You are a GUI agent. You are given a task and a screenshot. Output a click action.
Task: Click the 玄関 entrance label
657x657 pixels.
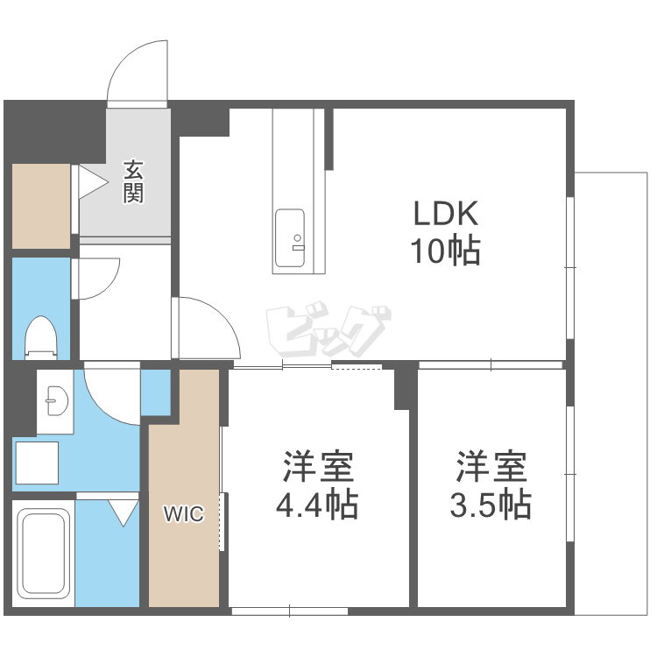(133, 181)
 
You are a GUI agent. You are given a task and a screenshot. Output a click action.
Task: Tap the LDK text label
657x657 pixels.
(446, 214)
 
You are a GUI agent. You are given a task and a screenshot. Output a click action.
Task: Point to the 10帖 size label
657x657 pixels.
(445, 251)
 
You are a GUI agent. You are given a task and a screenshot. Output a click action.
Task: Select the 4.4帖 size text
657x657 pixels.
(317, 505)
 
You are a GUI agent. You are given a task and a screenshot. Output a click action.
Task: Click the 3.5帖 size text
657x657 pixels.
(491, 505)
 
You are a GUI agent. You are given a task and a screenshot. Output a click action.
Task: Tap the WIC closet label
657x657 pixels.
(184, 513)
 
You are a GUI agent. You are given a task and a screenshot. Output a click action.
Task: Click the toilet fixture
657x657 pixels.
(40, 338)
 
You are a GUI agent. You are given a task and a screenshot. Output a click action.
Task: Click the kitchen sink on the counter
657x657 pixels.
(290, 238)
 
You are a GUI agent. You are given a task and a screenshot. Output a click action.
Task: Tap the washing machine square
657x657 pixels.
(37, 463)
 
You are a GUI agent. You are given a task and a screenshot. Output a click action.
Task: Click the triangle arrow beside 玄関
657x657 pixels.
(93, 182)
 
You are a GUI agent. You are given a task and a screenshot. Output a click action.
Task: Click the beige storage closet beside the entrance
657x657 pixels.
(41, 206)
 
